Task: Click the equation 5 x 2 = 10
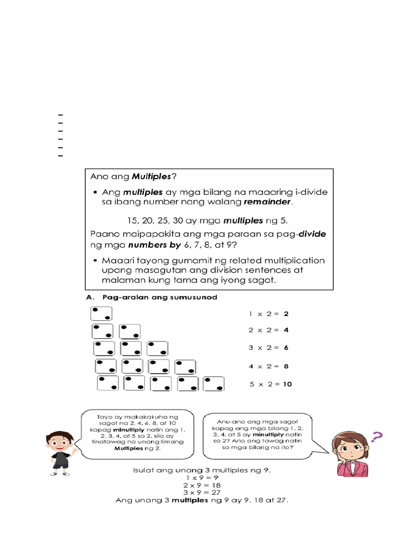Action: [x=270, y=384]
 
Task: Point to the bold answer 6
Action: [x=286, y=348]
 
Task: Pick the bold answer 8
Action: [x=286, y=366]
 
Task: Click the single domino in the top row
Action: [x=102, y=313]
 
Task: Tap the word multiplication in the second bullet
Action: [x=290, y=261]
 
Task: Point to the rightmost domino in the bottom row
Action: [x=214, y=383]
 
